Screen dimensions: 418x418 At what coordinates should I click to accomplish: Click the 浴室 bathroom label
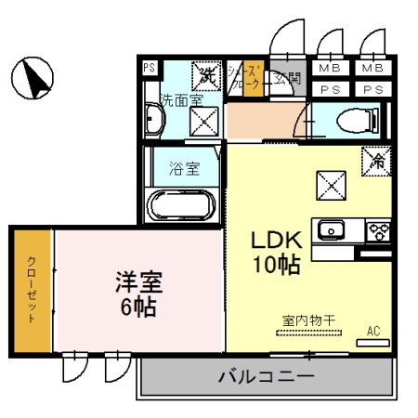184,169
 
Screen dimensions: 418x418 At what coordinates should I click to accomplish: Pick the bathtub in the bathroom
183,204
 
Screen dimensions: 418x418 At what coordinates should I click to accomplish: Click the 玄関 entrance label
287,79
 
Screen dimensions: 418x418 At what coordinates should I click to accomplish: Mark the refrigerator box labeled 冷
378,159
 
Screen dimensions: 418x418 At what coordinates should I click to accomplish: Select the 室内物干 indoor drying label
308,320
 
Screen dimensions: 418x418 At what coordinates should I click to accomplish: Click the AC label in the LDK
373,331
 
